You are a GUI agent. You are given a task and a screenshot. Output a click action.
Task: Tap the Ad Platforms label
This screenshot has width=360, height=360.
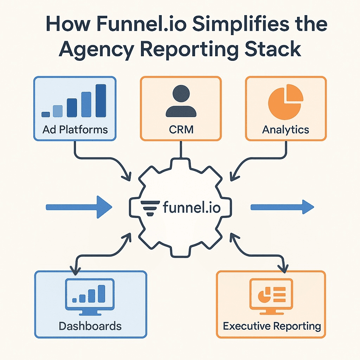coord(75,130)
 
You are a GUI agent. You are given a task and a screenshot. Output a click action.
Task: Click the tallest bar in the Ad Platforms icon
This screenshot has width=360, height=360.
coord(101,101)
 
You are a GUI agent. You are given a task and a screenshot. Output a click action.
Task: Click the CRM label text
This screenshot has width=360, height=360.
coord(181,130)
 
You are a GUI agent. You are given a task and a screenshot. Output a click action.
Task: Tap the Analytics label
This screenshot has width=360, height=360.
coord(285,130)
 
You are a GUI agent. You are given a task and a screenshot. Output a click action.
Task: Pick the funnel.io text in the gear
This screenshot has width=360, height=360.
coord(192,208)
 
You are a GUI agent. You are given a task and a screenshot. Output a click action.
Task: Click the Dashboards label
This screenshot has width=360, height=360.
coord(90,326)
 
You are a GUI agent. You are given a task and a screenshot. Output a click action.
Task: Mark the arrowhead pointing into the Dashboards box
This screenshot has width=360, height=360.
coord(74,270)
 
